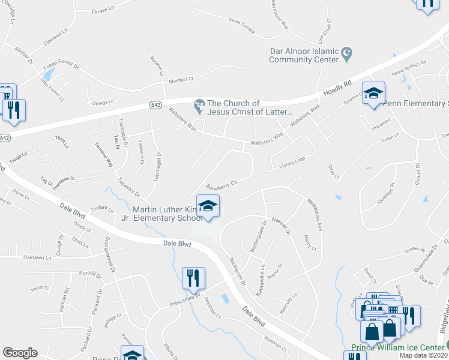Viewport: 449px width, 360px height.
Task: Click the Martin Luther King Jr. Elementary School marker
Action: (208, 207)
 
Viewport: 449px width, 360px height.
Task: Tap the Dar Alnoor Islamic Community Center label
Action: (304, 55)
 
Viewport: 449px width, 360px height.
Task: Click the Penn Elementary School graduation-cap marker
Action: (373, 95)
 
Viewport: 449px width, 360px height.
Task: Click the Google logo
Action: (20, 352)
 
